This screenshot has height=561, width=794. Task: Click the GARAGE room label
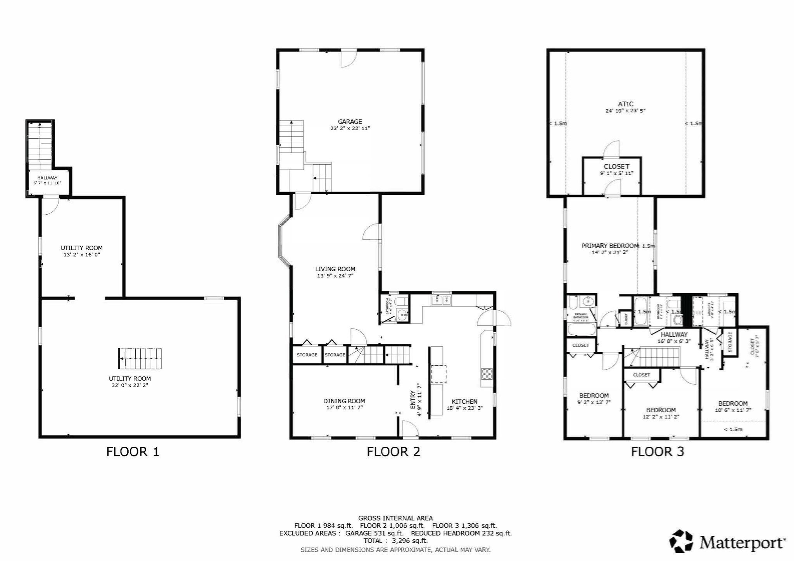click(x=350, y=122)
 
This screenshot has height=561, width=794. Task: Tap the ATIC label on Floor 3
click(x=625, y=104)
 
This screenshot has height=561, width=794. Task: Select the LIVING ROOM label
click(x=335, y=269)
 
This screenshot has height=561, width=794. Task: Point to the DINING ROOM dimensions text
click(x=344, y=408)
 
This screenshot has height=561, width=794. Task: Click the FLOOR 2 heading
click(x=393, y=452)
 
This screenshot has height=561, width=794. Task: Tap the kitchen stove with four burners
click(x=487, y=374)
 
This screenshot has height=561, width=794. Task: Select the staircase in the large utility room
click(x=140, y=359)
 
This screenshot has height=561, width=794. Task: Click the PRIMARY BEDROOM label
click(x=609, y=246)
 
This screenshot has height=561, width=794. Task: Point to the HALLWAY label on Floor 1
click(x=47, y=178)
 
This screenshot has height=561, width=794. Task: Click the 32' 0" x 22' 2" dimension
click(x=130, y=385)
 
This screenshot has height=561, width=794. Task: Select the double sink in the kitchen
click(x=442, y=299)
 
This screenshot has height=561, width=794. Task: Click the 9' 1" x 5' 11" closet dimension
click(x=616, y=173)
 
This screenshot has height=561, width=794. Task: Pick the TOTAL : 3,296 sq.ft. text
click(x=395, y=540)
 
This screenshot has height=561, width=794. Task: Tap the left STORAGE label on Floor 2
click(x=307, y=355)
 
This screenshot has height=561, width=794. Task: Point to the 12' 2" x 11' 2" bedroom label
click(x=661, y=417)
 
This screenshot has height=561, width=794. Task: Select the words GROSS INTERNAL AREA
click(x=395, y=518)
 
